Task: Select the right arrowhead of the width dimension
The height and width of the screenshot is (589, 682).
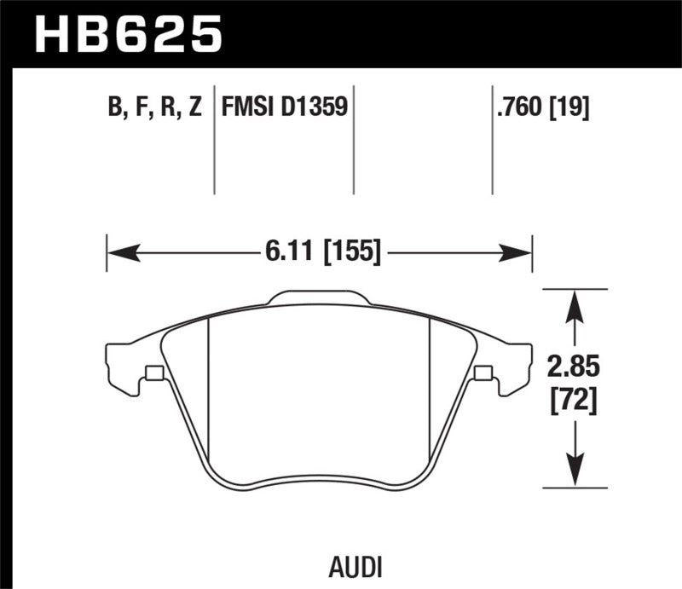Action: pos(517,251)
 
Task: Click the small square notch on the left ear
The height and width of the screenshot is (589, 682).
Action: pos(154,372)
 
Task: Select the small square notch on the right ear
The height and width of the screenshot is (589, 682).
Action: pos(483,372)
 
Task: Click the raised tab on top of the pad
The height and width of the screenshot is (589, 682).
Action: pos(320,298)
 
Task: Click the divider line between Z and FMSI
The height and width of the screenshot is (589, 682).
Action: pos(213,141)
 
